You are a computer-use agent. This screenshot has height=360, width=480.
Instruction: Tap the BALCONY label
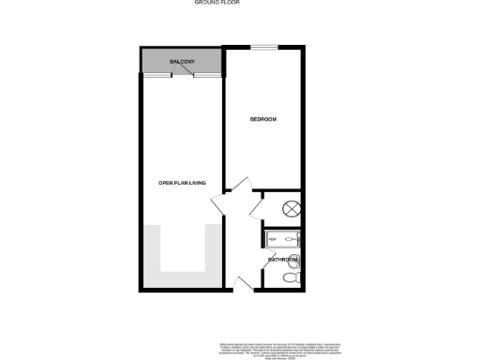[x=182, y=62]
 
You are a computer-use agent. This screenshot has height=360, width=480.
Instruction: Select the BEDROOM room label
[x=263, y=120]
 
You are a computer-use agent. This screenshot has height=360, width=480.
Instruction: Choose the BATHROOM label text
[x=283, y=259]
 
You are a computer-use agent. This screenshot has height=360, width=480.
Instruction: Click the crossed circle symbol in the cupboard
[x=292, y=209]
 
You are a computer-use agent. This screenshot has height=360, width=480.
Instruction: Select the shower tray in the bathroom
[x=282, y=239]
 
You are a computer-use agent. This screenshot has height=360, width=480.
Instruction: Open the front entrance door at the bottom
[x=242, y=282]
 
